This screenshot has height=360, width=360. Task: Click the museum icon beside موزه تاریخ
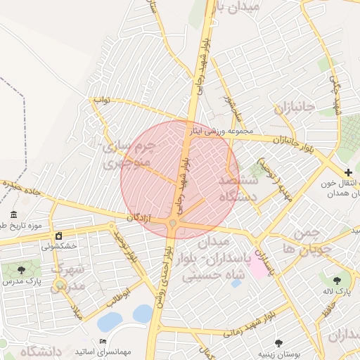(x=14, y=214)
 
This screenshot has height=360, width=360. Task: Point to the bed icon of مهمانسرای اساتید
(x=103, y=341)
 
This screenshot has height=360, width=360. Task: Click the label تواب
(x=103, y=101)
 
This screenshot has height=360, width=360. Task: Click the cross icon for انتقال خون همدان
(x=348, y=172)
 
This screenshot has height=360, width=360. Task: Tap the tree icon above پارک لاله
(x=344, y=279)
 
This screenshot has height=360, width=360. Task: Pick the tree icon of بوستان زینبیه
(x=279, y=343)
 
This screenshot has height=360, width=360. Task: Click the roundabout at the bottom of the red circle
(x=172, y=224)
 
